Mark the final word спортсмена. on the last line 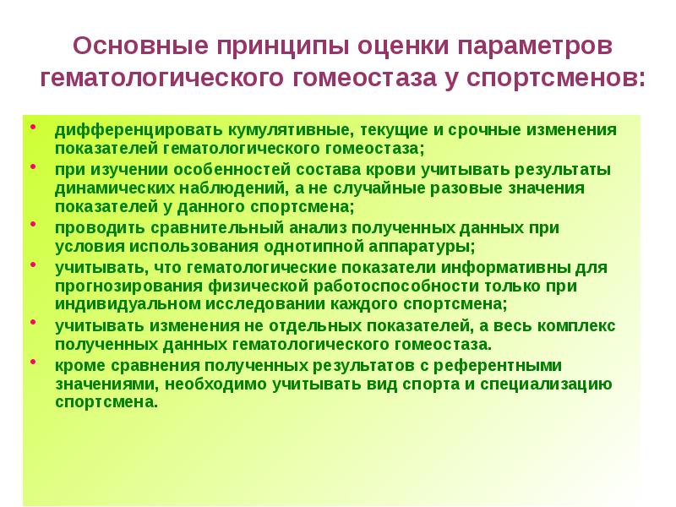(106, 402)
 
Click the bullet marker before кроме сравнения (33, 362)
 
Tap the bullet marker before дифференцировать (33, 128)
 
